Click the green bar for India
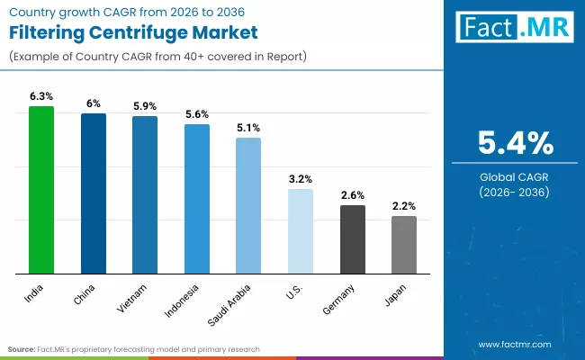coord(41,190)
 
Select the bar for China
coord(94,193)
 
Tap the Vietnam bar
coord(145,194)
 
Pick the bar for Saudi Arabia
coord(248,205)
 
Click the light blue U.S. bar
coord(301,231)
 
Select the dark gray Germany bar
coord(353,239)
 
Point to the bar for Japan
coord(404,245)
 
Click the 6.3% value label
coord(41,95)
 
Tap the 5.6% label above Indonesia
coord(197,113)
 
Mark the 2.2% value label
coord(404,206)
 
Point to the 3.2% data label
coord(301,178)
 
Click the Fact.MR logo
coord(513,27)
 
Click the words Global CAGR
coord(514,176)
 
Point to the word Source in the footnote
coord(22,348)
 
